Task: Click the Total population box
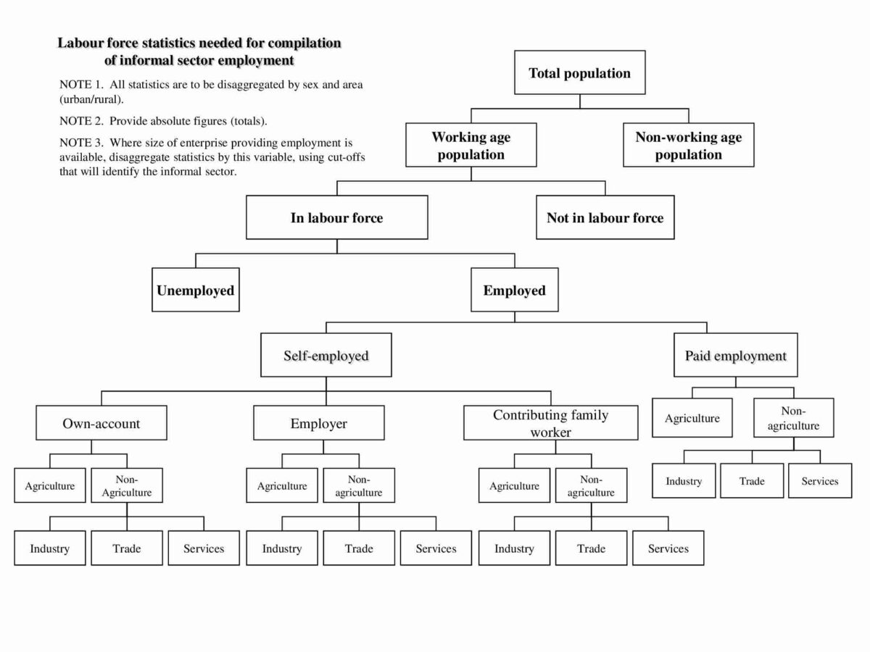coord(579,72)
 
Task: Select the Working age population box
coord(471,146)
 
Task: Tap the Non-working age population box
coord(689,146)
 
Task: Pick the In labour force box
coord(336,217)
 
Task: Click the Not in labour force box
coord(605,217)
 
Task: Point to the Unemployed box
coord(196,291)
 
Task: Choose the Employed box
coord(515,291)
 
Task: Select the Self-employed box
coord(326,355)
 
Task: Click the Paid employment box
coord(735,355)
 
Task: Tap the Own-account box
coord(101,423)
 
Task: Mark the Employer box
coord(319,423)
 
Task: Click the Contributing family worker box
coord(551,423)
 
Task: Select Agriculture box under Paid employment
coord(692,418)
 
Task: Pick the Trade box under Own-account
coord(127,548)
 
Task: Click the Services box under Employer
coord(436,548)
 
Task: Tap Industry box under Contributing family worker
coord(514,548)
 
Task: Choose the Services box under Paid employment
coord(820,481)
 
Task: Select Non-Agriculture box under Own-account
coord(127,485)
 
